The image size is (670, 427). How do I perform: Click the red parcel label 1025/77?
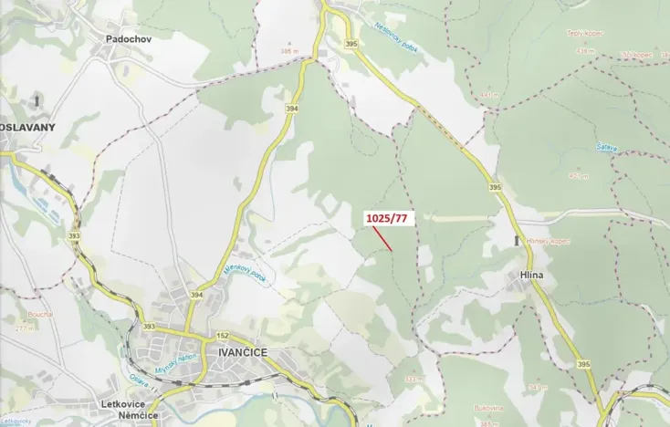coord(387,218)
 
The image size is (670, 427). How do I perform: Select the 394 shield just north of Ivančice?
coord(196,295)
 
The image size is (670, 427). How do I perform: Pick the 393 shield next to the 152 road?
coord(148,327)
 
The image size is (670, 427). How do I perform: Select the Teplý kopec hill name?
coord(585,34)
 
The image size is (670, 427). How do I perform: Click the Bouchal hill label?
coord(39,313)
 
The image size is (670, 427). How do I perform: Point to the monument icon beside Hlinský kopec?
coord(518,240)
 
